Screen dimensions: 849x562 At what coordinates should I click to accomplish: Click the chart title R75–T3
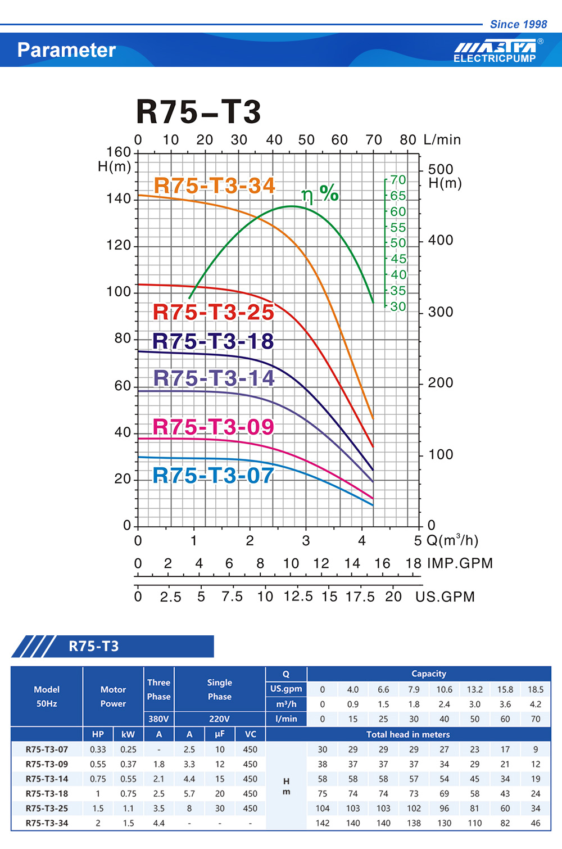(198, 111)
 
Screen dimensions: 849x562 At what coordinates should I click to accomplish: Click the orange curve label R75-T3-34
(214, 186)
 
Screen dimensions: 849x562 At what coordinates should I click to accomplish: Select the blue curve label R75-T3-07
(213, 476)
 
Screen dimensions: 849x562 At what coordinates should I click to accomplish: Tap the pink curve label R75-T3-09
(213, 427)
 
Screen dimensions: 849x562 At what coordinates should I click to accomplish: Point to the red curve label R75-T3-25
(213, 312)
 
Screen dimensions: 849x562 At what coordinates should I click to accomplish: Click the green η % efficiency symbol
(320, 193)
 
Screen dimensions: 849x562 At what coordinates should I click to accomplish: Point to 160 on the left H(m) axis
(119, 152)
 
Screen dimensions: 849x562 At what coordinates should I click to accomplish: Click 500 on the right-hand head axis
(441, 169)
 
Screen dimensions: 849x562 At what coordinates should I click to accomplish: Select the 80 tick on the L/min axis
(408, 140)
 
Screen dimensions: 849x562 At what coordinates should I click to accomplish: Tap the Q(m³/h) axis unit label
(452, 540)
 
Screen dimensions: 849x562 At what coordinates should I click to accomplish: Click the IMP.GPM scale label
(460, 563)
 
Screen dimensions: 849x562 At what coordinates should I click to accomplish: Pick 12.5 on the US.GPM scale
(298, 596)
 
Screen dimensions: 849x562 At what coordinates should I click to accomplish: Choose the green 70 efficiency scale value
(398, 180)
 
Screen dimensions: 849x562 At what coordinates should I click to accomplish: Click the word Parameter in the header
(66, 50)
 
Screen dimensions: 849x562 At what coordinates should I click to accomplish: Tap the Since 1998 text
(518, 24)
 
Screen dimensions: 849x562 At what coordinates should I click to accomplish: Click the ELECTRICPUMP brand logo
(495, 51)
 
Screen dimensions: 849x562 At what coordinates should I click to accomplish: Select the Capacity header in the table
(429, 674)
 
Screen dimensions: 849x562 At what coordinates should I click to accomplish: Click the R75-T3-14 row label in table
(47, 779)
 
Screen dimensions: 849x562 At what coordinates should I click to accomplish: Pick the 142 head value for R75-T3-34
(323, 823)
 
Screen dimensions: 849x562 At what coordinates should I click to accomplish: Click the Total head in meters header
(408, 734)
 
